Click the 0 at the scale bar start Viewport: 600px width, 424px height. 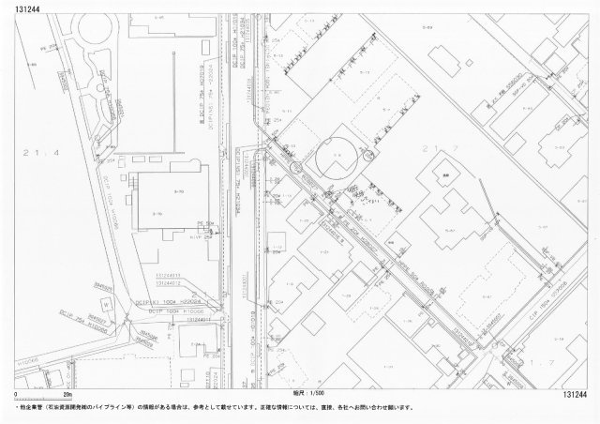point(16,397)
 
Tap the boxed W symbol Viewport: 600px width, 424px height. point(111,307)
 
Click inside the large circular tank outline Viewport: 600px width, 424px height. point(335,161)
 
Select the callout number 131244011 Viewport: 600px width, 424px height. point(168,275)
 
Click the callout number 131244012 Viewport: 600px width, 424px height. point(168,282)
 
